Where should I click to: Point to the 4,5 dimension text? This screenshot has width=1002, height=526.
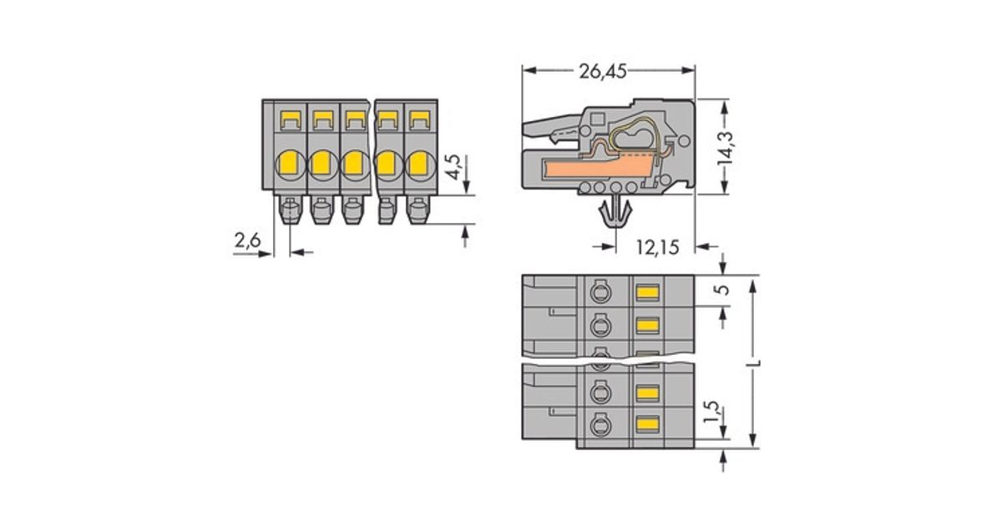(453, 166)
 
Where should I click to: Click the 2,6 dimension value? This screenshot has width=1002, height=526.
(247, 241)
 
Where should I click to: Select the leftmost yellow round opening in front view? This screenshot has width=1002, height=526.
(289, 163)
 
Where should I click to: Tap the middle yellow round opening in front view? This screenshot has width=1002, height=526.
(353, 163)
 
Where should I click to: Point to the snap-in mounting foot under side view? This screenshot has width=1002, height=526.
(616, 215)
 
